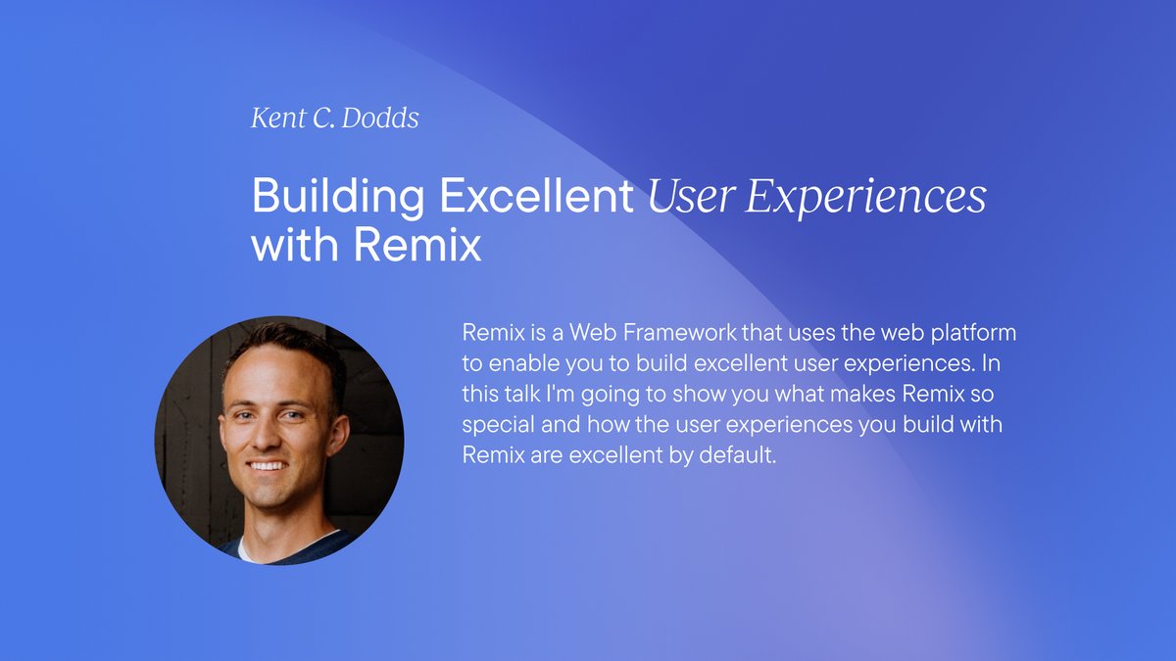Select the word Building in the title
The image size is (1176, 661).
(x=338, y=197)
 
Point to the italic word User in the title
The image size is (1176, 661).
(x=688, y=197)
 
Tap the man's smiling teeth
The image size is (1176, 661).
(x=269, y=465)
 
